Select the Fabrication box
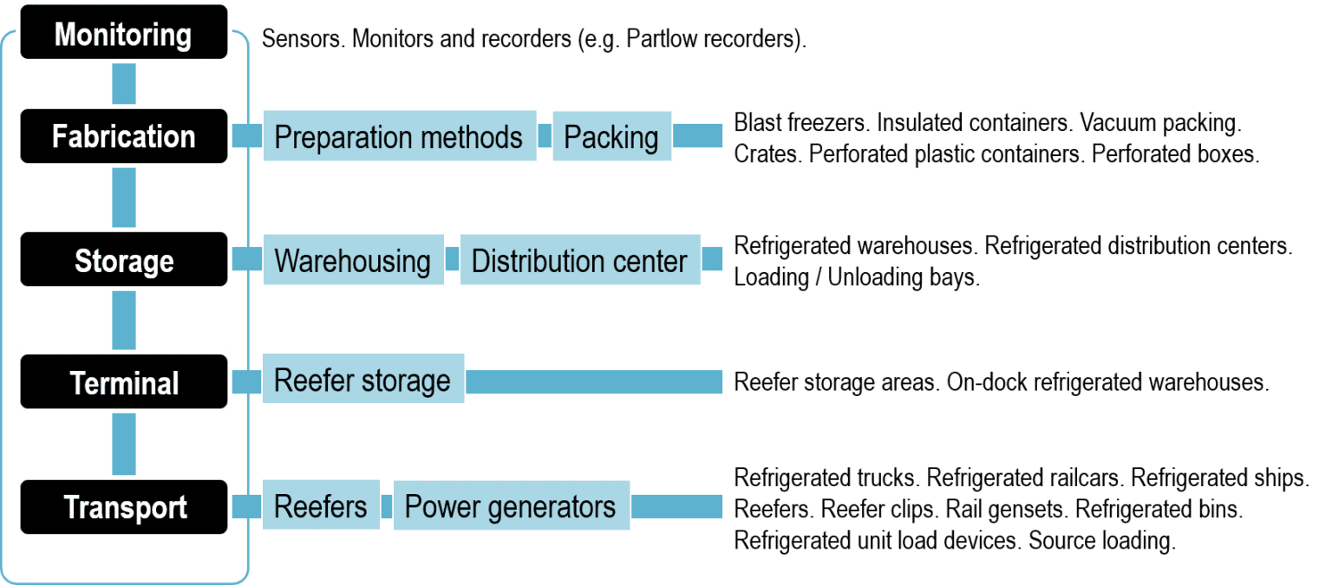[124, 136]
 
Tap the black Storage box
[124, 259]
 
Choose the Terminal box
[124, 382]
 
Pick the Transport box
[124, 507]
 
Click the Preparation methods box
[399, 136]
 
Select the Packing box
[611, 136]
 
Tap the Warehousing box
[353, 259]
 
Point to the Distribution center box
[580, 259]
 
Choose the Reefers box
[321, 505]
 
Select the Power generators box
[512, 505]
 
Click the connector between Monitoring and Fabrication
[125, 85]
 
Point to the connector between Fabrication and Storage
[125, 198]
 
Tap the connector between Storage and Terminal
[125, 321]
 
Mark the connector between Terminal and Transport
[125, 444]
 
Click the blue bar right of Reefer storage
[594, 381]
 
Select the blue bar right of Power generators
[676, 506]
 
